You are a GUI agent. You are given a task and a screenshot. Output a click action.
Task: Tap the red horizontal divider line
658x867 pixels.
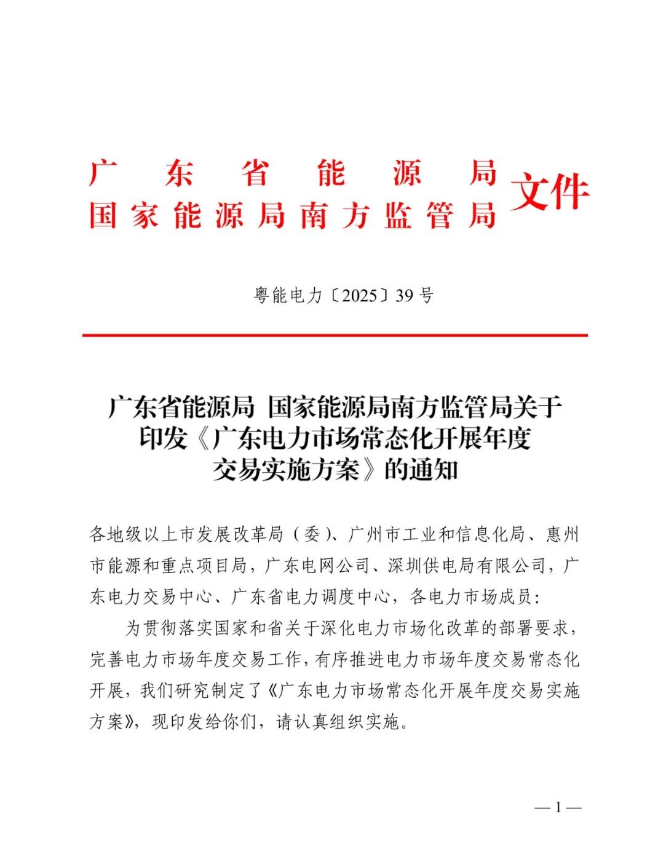coord(335,335)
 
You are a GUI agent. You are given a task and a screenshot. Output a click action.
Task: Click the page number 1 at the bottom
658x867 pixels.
coord(558,807)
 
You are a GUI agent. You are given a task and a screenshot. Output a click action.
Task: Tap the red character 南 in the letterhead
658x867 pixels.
coord(314,216)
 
